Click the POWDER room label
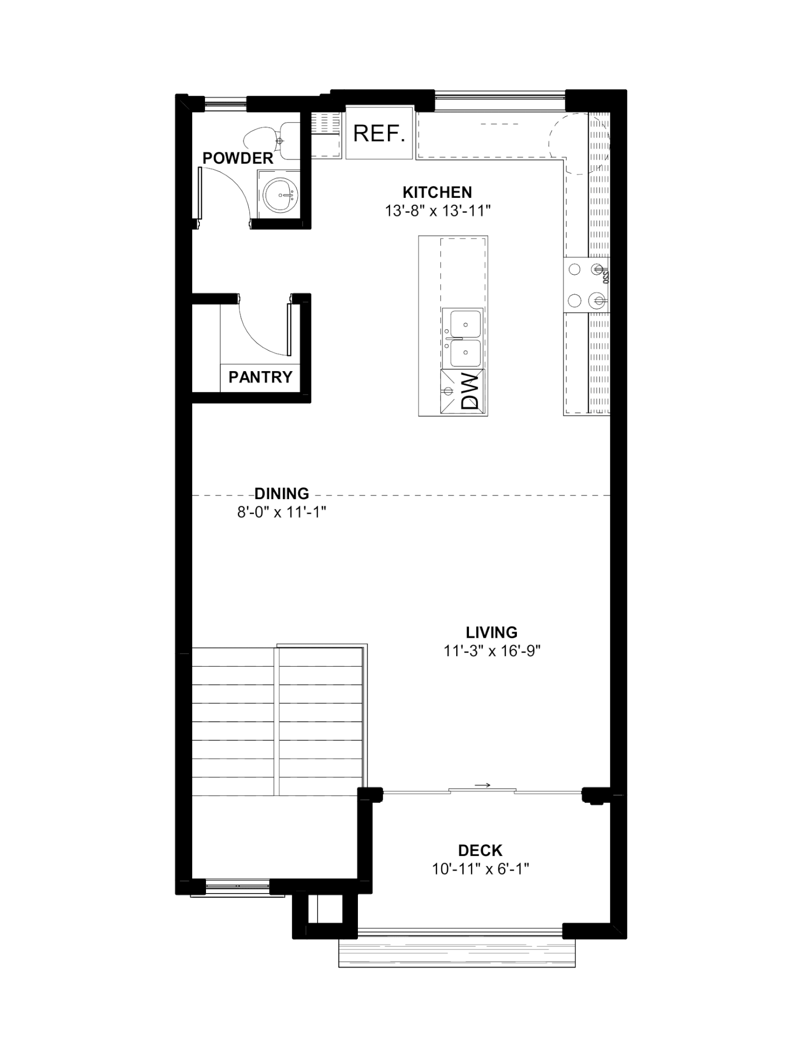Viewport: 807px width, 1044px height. tap(238, 158)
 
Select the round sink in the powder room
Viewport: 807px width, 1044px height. tap(279, 195)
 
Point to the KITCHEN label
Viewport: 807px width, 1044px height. tap(437, 192)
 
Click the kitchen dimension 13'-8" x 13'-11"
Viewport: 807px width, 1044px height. tap(437, 211)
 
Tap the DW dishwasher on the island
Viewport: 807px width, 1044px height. tap(462, 391)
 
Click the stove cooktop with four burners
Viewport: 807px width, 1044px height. tap(586, 285)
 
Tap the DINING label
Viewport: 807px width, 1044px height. tap(281, 493)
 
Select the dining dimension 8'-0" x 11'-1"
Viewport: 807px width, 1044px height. tap(281, 512)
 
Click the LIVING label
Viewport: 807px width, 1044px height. tap(491, 632)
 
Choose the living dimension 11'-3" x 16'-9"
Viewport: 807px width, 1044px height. tap(491, 651)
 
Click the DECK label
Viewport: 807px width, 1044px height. tap(480, 850)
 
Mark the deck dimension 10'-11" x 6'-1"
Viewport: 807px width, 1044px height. tap(480, 869)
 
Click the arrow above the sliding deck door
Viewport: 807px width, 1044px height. tap(482, 785)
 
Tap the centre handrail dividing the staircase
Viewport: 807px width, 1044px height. tap(277, 721)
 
